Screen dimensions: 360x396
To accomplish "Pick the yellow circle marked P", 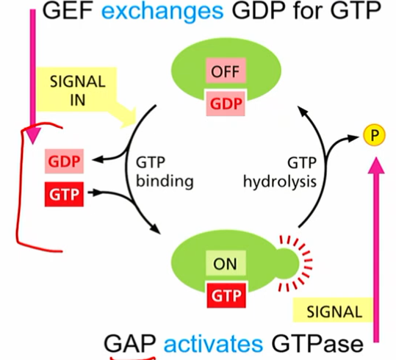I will coord(373,135).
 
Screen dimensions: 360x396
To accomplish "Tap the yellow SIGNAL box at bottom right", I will coord(334,311).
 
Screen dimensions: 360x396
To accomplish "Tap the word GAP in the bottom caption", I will coord(131,343).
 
